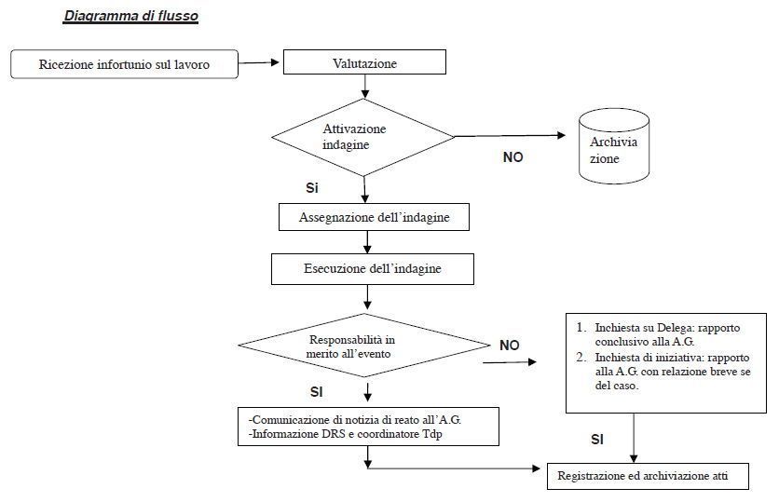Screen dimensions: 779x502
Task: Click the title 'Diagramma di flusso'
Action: pos(131,16)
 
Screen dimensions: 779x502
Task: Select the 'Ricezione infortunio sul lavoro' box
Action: pos(124,64)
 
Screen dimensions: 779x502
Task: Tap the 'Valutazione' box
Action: pos(364,62)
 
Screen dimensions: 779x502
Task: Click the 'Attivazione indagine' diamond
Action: pos(363,137)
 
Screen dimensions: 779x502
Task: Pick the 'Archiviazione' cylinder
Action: pos(614,146)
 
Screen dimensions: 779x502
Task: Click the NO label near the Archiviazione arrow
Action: pos(512,157)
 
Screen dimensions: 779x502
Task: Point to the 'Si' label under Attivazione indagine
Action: pos(312,188)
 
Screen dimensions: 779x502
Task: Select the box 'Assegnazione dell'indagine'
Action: pos(374,217)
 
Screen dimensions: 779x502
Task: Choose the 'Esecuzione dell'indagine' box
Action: pos(373,269)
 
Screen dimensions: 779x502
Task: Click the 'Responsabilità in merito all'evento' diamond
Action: pos(364,346)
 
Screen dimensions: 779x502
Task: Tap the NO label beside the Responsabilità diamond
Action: pos(509,346)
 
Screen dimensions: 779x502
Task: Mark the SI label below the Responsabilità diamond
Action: pos(317,392)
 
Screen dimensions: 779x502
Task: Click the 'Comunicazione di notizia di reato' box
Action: pos(368,427)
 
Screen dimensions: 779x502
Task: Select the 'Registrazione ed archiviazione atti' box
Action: pos(648,476)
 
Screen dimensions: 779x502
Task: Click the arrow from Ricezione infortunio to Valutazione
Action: pos(259,62)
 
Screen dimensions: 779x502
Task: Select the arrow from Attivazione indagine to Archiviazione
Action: pos(511,136)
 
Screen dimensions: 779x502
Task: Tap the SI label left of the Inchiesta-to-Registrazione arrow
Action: pos(597,440)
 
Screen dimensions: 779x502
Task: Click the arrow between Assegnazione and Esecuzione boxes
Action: pos(367,242)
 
